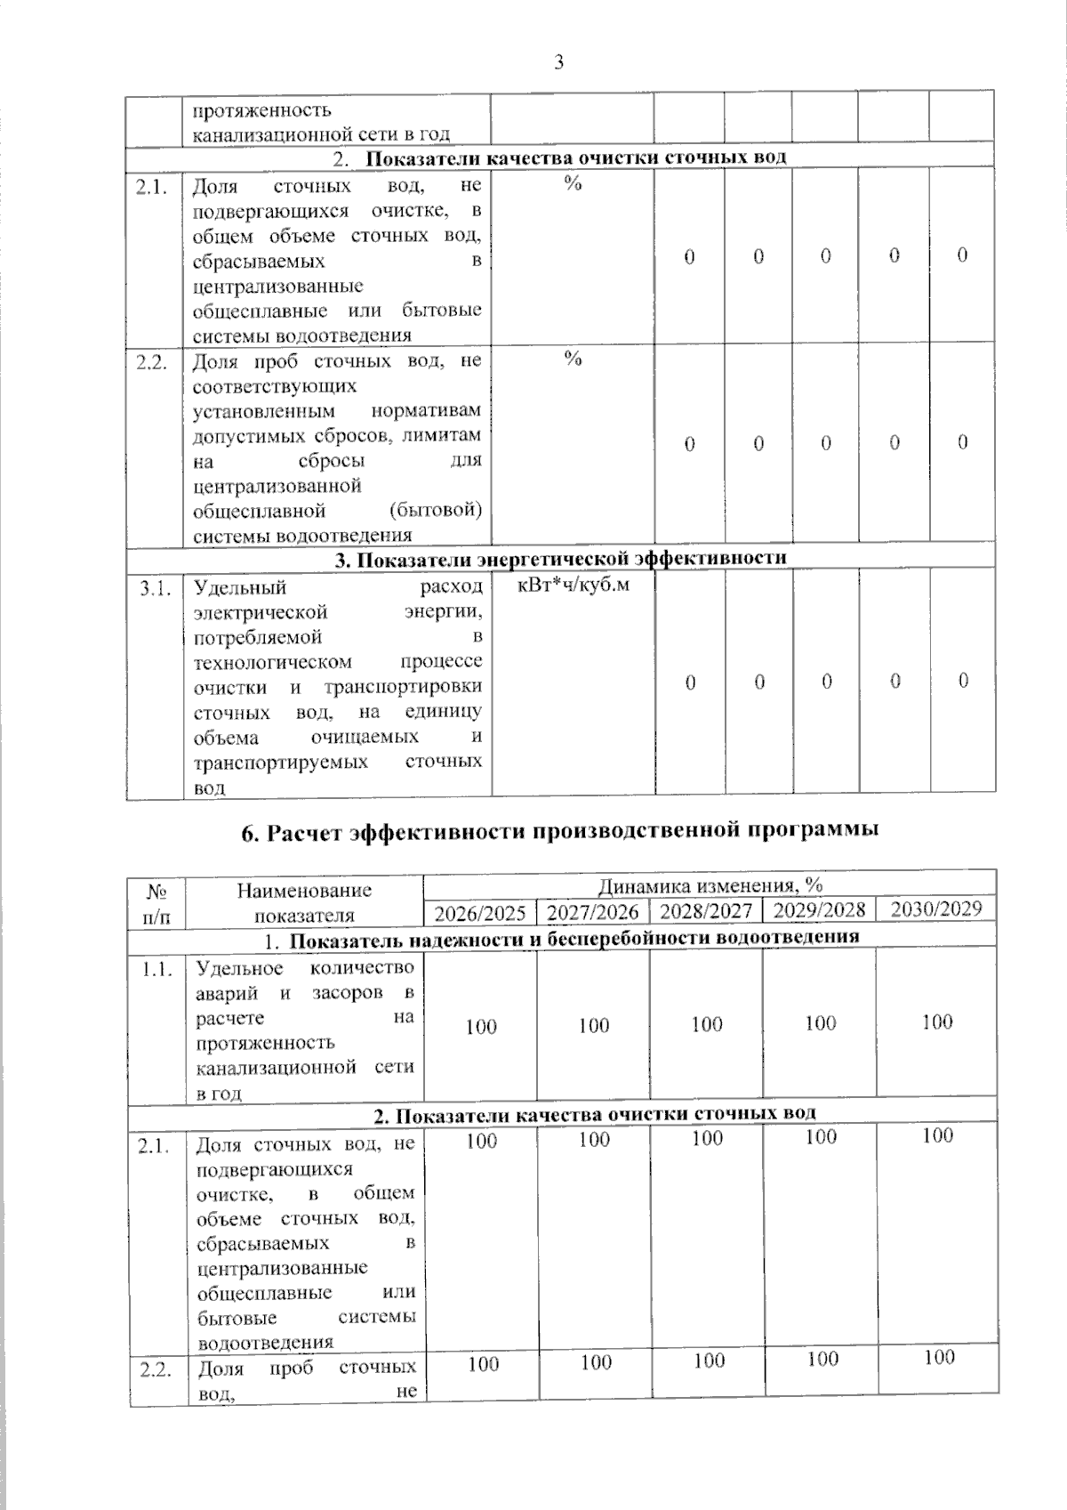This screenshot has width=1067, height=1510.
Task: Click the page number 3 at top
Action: click(x=559, y=61)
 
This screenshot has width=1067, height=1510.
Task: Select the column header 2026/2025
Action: click(x=480, y=912)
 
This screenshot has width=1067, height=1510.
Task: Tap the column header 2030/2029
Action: click(x=936, y=908)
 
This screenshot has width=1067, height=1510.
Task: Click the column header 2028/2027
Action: click(x=707, y=911)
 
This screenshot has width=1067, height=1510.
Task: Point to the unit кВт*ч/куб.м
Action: click(x=573, y=586)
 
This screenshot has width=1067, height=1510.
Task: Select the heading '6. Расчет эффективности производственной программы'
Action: click(x=560, y=831)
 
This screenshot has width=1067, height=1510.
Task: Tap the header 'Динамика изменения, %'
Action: click(x=710, y=885)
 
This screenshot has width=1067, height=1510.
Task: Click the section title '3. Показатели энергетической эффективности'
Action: click(x=560, y=558)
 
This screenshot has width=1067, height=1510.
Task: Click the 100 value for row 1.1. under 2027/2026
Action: click(x=593, y=1026)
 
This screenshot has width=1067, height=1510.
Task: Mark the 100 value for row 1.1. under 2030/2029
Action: click(x=937, y=1022)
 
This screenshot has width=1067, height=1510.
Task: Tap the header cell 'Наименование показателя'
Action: click(x=304, y=902)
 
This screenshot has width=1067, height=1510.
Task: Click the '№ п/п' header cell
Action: click(x=157, y=902)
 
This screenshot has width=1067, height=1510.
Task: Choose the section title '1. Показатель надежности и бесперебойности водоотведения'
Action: click(x=562, y=937)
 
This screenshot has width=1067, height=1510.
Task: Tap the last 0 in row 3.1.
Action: click(x=963, y=681)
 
